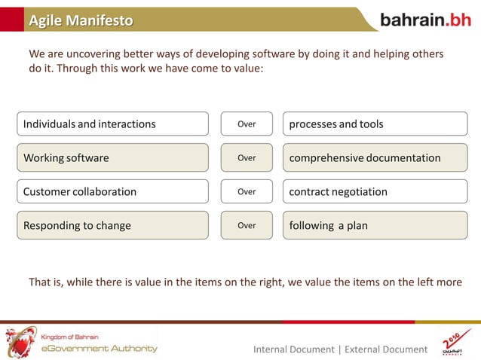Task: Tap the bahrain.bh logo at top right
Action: click(x=425, y=20)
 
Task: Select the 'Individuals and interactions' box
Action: click(x=112, y=124)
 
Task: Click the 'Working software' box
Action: click(x=112, y=158)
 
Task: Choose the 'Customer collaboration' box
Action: click(x=112, y=191)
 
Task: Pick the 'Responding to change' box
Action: click(x=112, y=225)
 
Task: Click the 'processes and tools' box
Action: click(x=375, y=124)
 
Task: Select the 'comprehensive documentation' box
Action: click(x=375, y=158)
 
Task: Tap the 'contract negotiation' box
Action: click(x=375, y=191)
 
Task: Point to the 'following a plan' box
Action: click(x=375, y=225)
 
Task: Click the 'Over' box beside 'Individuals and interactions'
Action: click(x=247, y=124)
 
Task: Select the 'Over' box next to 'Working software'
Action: click(x=247, y=158)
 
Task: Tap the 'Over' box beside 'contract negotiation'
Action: click(x=247, y=191)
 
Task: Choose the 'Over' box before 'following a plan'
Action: click(x=247, y=225)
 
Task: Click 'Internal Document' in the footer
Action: click(x=293, y=349)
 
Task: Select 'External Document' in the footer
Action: click(x=385, y=349)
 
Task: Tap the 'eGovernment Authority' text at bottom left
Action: click(x=99, y=348)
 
